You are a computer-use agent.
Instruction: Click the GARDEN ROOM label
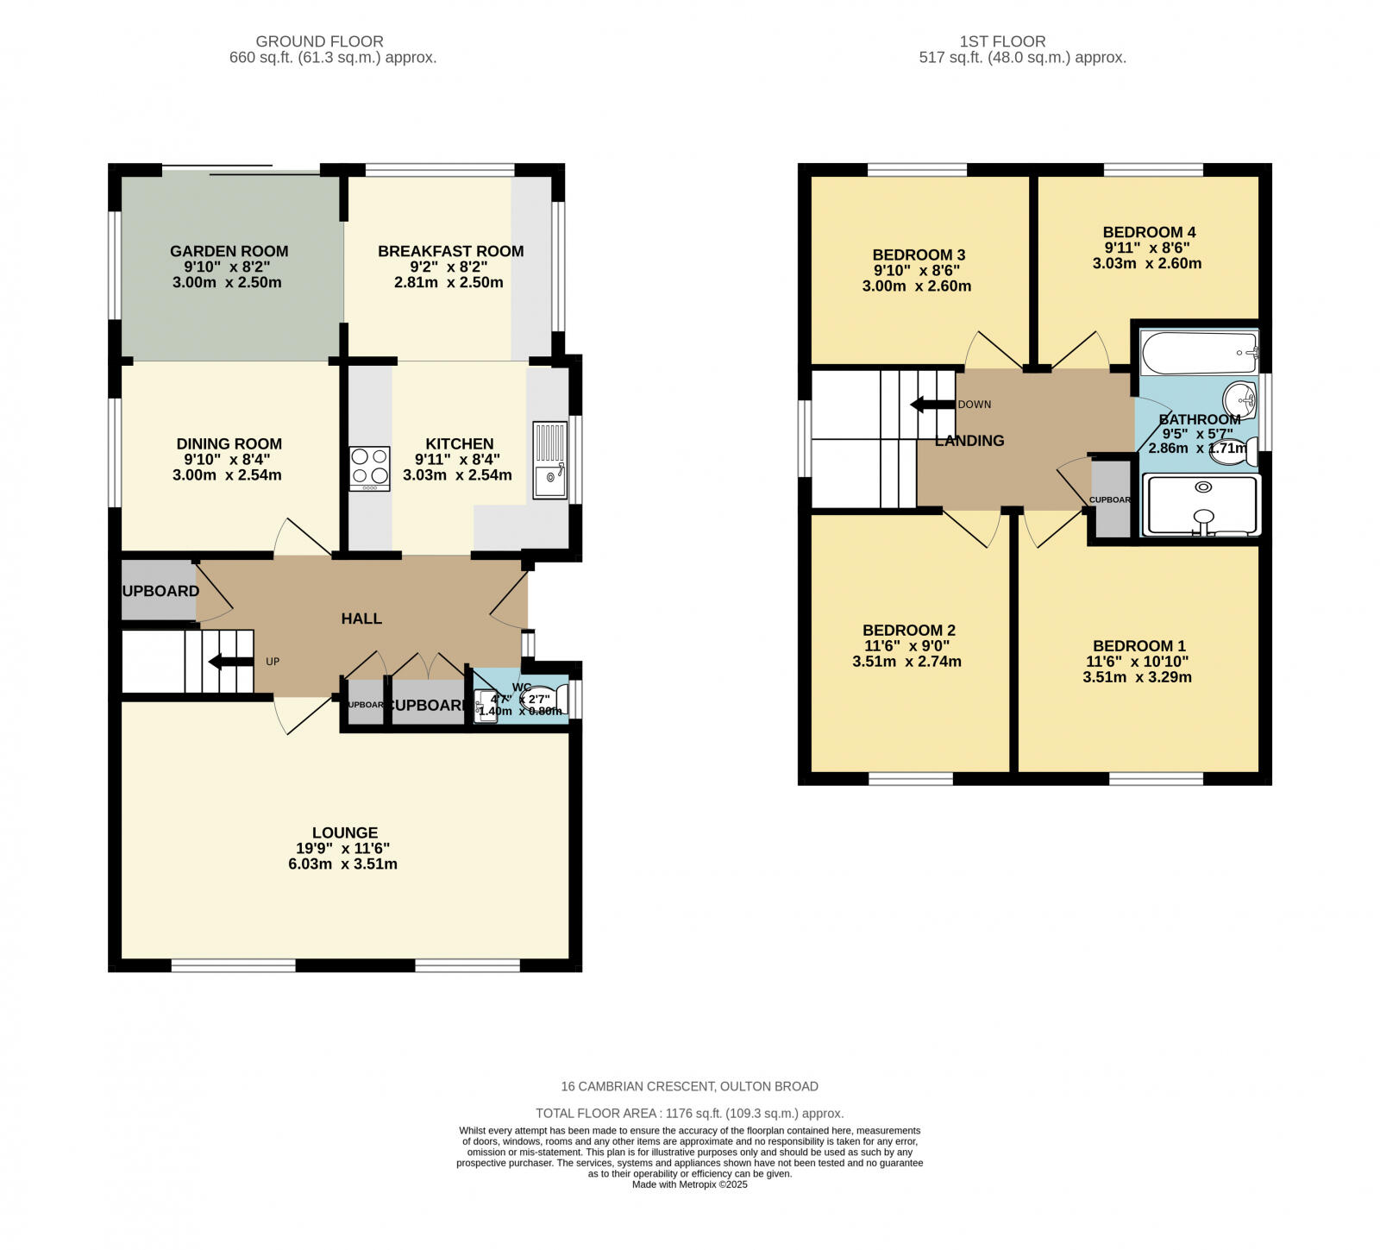click(x=229, y=251)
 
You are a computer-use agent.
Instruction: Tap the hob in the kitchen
click(x=369, y=468)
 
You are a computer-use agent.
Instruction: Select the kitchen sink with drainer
click(x=549, y=460)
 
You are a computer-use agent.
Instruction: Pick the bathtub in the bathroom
click(x=1199, y=353)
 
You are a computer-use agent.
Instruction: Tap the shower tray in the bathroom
click(x=1201, y=505)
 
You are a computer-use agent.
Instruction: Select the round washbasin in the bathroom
click(x=1240, y=399)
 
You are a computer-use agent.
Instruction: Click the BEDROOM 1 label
click(x=1138, y=646)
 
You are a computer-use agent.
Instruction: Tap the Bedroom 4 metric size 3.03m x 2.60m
click(x=1146, y=263)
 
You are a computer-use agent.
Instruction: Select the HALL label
click(x=361, y=619)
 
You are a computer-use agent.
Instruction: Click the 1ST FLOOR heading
click(x=1002, y=41)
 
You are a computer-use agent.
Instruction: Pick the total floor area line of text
click(x=689, y=1114)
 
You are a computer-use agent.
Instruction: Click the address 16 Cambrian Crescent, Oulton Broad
click(x=689, y=1086)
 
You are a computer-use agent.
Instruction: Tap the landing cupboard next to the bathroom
click(x=1111, y=499)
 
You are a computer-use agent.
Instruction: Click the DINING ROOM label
click(x=229, y=443)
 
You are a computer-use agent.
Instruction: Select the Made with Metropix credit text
click(x=689, y=1184)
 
